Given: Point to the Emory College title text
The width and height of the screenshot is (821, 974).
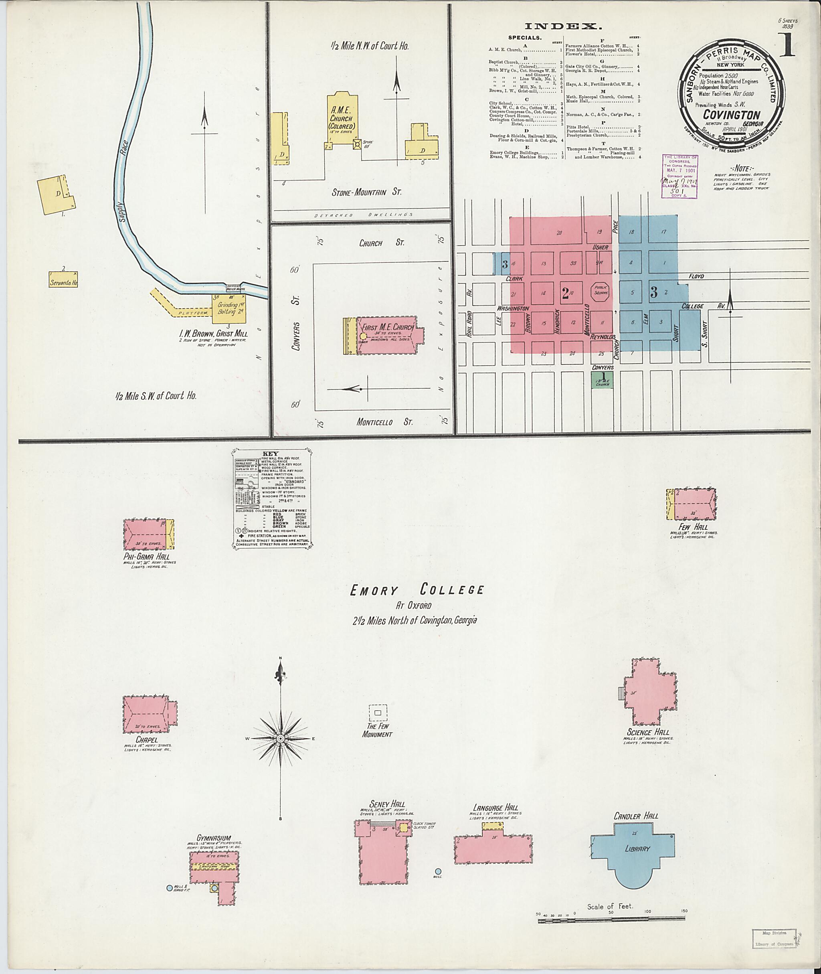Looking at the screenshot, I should [x=417, y=590].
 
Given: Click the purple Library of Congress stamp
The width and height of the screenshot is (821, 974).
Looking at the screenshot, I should [x=680, y=176].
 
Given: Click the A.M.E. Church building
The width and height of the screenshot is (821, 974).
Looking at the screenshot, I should [x=342, y=119].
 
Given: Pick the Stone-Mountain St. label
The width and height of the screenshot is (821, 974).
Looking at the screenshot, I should [x=367, y=192].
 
